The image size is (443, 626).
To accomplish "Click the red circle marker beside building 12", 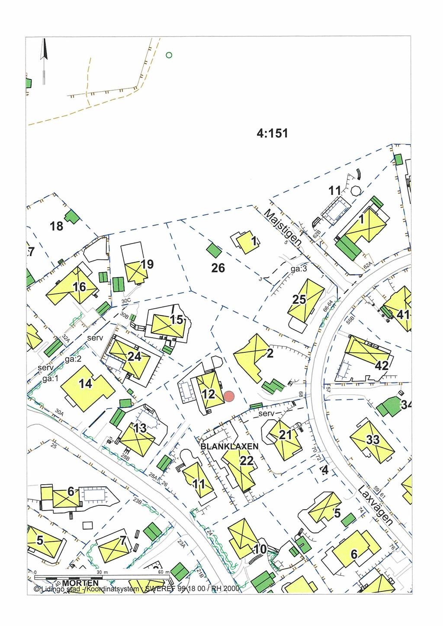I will tap(229, 396).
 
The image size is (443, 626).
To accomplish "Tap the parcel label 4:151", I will tap(272, 134).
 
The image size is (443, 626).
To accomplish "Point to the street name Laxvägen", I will tap(376, 505).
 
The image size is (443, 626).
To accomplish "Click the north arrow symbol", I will tap(43, 61).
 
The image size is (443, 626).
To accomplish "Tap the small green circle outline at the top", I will tap(169, 55).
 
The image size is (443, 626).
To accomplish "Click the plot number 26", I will tap(218, 268).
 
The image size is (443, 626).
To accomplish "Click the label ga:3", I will tap(299, 269).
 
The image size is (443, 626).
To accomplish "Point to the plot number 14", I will tap(85, 383).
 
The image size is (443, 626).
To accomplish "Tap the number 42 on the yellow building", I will tap(382, 366).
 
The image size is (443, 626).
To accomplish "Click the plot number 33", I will tap(373, 440).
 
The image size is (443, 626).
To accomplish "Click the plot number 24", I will tap(134, 357).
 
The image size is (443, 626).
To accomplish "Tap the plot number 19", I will tap(147, 265).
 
